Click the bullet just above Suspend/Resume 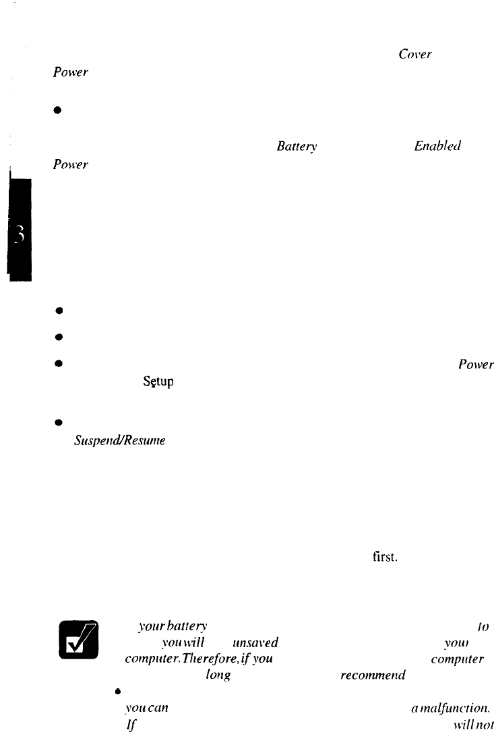tap(60, 424)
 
